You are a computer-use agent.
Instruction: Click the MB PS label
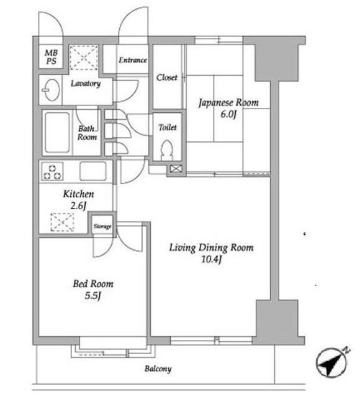[51, 57]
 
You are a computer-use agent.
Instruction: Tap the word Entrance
[133, 60]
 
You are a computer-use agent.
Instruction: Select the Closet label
[167, 78]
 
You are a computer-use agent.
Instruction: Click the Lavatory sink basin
[52, 90]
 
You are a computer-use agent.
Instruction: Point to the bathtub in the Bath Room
[58, 132]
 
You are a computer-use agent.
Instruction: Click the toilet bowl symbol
[167, 150]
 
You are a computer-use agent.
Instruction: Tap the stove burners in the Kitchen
[52, 171]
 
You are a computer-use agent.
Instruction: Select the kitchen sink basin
[92, 171]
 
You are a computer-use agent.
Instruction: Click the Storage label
[102, 226]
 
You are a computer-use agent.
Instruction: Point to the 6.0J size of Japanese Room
[228, 114]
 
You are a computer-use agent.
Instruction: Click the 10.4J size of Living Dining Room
[212, 259]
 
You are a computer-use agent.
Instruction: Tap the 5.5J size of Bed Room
[93, 295]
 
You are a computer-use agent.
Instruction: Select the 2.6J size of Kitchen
[78, 205]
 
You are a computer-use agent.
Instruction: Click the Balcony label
[158, 368]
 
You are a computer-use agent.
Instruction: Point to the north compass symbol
[331, 362]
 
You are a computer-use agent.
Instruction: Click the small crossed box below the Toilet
[176, 169]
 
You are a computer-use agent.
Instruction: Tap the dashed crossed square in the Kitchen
[62, 222]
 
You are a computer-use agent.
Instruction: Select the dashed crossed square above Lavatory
[84, 58]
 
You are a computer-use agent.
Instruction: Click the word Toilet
[168, 127]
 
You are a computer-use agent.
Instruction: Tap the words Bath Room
[87, 133]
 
